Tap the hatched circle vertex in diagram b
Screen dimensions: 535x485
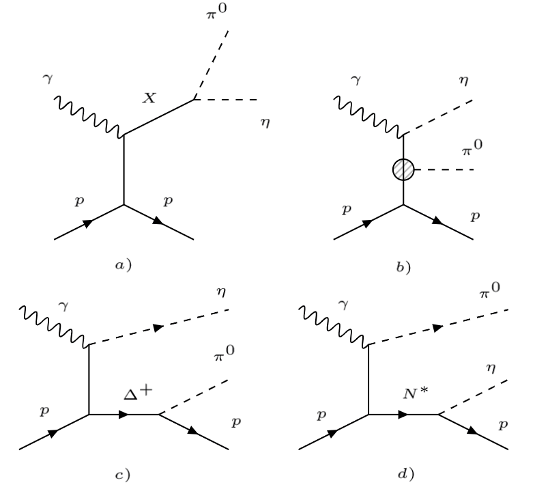tap(405, 169)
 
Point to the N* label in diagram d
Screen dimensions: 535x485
tap(406, 394)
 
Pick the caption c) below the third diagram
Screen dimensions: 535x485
tap(124, 471)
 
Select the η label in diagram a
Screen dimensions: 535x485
tap(265, 124)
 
